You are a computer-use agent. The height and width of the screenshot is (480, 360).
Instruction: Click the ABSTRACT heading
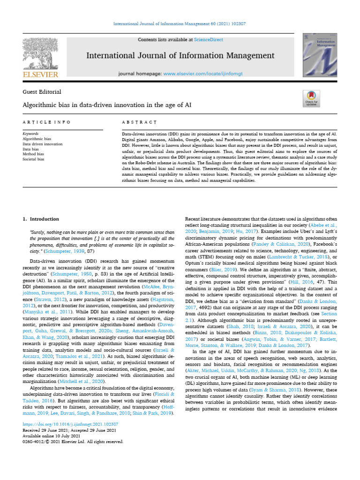(139, 122)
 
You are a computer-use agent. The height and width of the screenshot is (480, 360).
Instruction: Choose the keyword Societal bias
(34, 159)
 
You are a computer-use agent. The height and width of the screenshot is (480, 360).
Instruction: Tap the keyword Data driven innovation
(43, 144)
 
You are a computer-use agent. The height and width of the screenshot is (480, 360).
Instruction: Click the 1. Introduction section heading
(41, 219)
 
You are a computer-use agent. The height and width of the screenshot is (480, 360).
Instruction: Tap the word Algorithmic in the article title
(41, 105)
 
